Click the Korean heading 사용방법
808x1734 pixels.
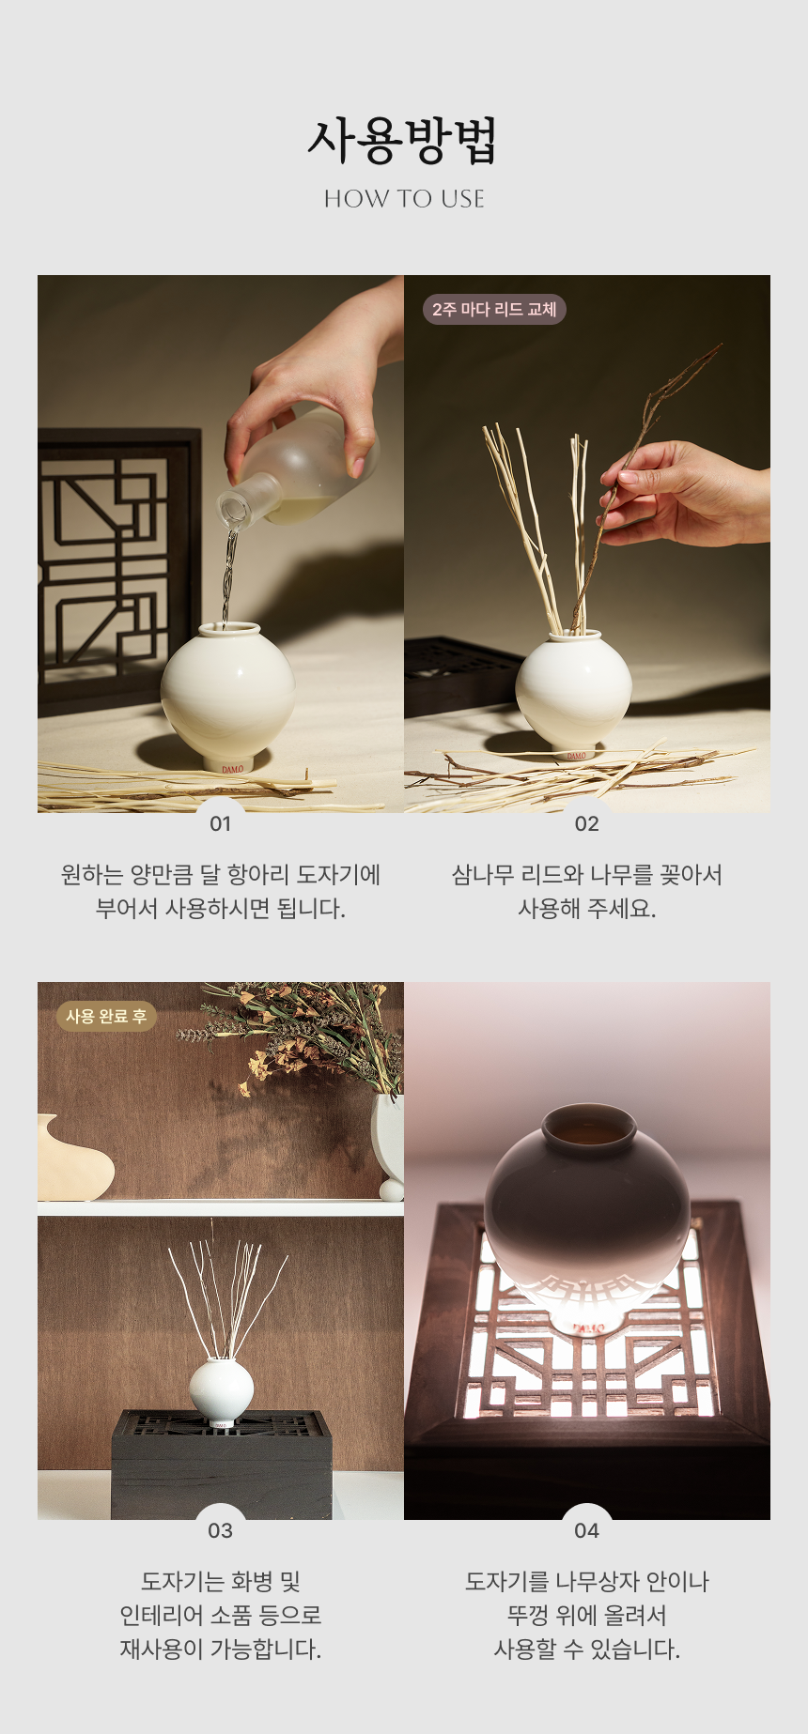click(x=403, y=141)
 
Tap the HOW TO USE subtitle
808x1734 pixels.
click(x=404, y=199)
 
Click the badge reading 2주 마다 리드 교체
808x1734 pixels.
click(x=494, y=309)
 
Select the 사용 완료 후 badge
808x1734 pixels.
click(x=106, y=1016)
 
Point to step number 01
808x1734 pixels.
click(x=220, y=824)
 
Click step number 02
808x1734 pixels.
click(x=586, y=824)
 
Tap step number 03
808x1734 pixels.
click(x=220, y=1531)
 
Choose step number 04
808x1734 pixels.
click(x=586, y=1531)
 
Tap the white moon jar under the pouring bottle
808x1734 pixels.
click(x=227, y=696)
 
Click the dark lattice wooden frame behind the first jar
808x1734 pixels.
click(x=117, y=563)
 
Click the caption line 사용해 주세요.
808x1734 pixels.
click(x=586, y=909)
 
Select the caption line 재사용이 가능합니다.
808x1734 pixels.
click(x=220, y=1650)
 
